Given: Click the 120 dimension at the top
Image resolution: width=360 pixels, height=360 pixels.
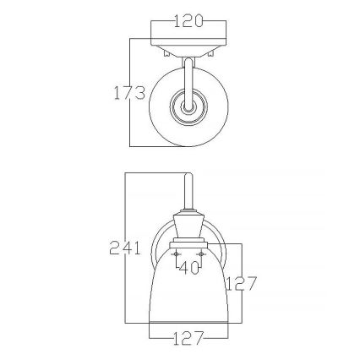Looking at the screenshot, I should tap(188, 21).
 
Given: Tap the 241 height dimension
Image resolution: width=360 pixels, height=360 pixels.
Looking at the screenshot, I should tap(125, 248).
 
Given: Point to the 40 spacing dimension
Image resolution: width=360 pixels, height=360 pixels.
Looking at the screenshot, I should tap(188, 268).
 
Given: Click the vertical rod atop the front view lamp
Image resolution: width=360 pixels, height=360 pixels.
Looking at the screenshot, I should tap(188, 193).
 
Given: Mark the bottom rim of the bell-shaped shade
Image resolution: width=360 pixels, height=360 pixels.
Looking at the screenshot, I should tap(188, 322).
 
